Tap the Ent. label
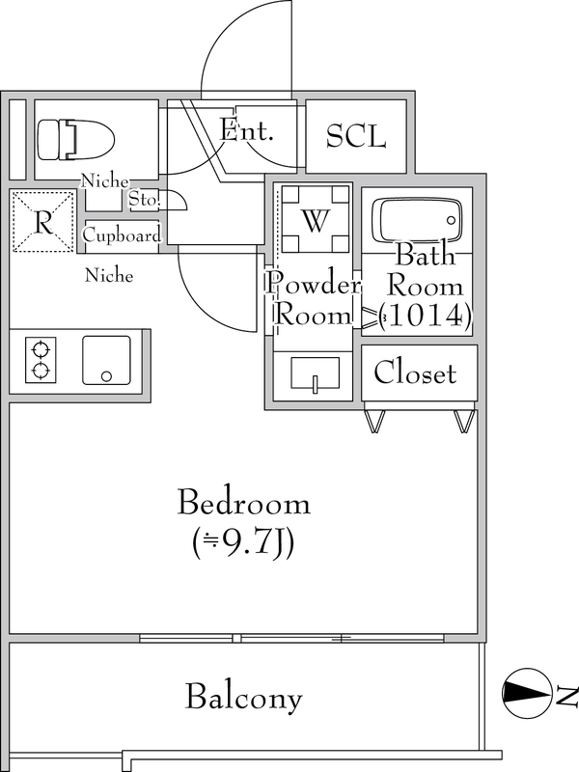coord(246,130)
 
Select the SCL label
coord(355,136)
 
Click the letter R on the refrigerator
coord(42,221)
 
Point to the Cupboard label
coord(122,236)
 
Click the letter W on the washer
coord(315,220)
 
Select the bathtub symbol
coord(417,221)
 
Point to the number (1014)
coord(425,315)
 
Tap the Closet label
coord(415,372)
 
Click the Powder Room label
coord(314,298)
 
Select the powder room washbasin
coord(315,373)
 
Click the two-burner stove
coord(41,359)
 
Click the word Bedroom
coord(244,503)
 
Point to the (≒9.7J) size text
coord(245,546)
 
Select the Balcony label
coord(244,697)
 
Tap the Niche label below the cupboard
coord(109,276)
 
